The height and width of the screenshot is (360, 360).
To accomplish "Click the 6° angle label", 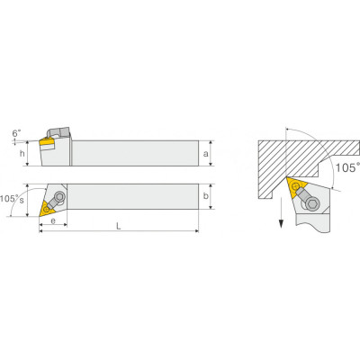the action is [17, 133].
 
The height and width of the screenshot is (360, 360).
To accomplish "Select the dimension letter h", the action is [22, 154].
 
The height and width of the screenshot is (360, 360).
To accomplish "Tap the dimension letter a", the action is [205, 154].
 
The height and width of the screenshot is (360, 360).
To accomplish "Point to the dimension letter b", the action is [206, 196].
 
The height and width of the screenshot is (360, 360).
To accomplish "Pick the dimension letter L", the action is [119, 226].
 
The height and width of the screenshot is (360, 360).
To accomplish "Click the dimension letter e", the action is [53, 221].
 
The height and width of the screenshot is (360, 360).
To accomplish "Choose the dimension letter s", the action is [22, 201].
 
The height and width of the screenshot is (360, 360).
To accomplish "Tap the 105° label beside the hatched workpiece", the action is [347, 167].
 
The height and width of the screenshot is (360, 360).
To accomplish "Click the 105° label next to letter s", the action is [9, 198].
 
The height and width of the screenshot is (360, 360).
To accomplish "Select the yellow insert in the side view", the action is [47, 144].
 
